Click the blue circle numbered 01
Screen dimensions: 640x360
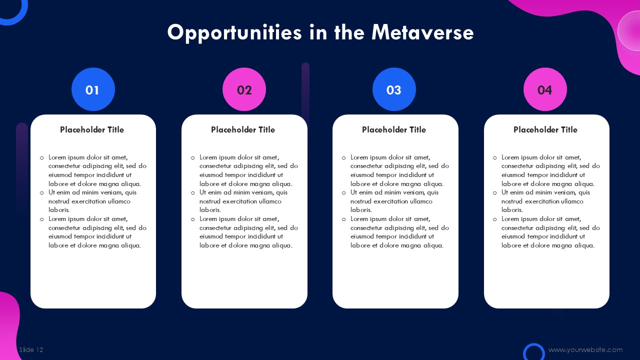coord(93,89)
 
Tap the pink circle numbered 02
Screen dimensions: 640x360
coord(244,89)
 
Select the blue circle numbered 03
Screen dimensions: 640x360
coord(394,89)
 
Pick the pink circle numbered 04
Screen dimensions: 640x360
coord(545,89)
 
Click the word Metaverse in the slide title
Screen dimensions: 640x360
coord(422,32)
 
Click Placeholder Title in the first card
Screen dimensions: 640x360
coord(92,129)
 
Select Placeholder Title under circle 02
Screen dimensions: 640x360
coord(243,129)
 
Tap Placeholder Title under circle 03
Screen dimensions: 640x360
coord(394,129)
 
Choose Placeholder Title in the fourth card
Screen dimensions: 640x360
coord(545,129)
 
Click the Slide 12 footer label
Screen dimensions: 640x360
coord(31,349)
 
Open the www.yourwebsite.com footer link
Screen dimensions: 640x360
coord(585,349)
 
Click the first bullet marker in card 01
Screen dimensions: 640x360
coord(42,157)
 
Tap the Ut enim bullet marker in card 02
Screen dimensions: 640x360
coord(193,193)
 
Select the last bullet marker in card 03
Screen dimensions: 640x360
coord(343,219)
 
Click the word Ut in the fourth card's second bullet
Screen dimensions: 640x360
coord(505,192)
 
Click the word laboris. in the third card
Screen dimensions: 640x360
coord(361,210)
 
